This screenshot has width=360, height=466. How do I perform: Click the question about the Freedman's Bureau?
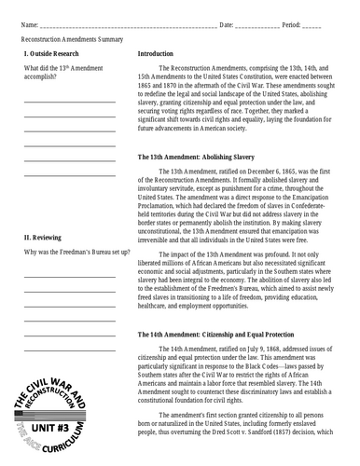76,253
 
